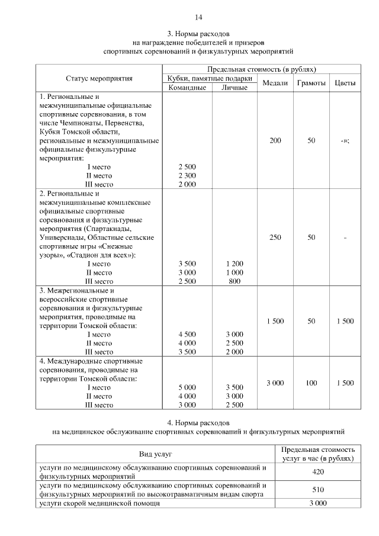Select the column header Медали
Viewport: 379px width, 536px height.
click(x=275, y=83)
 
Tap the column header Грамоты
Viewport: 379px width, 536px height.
click(x=311, y=83)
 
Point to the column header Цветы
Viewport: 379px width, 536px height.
click(x=345, y=83)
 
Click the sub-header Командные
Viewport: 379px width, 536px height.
click(x=187, y=88)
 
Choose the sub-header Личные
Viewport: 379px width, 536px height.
click(x=234, y=88)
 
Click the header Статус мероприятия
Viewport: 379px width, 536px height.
click(x=99, y=78)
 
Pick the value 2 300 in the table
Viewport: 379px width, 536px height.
click(x=187, y=175)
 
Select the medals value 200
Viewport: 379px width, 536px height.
click(x=275, y=141)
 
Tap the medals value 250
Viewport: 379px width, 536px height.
click(x=275, y=237)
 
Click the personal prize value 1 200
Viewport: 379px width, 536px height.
click(x=235, y=264)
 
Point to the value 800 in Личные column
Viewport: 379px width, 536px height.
click(x=235, y=281)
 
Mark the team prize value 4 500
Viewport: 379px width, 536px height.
click(x=187, y=334)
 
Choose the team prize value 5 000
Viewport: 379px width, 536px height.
click(x=187, y=387)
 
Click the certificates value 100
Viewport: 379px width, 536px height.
click(x=311, y=383)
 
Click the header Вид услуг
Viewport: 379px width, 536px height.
click(x=155, y=454)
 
